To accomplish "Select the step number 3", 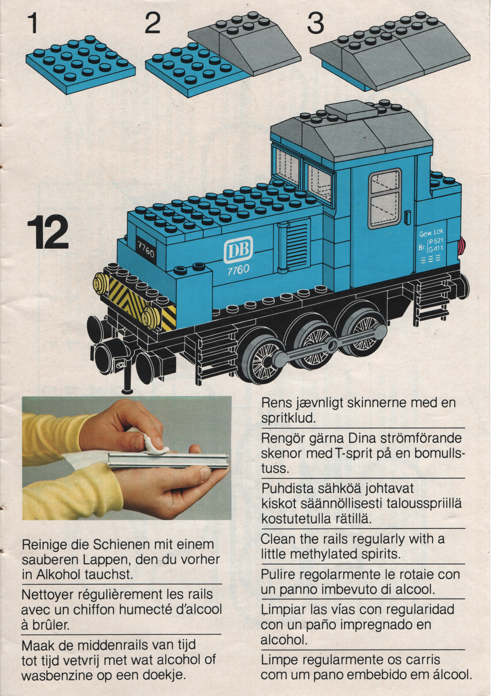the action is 316,24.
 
